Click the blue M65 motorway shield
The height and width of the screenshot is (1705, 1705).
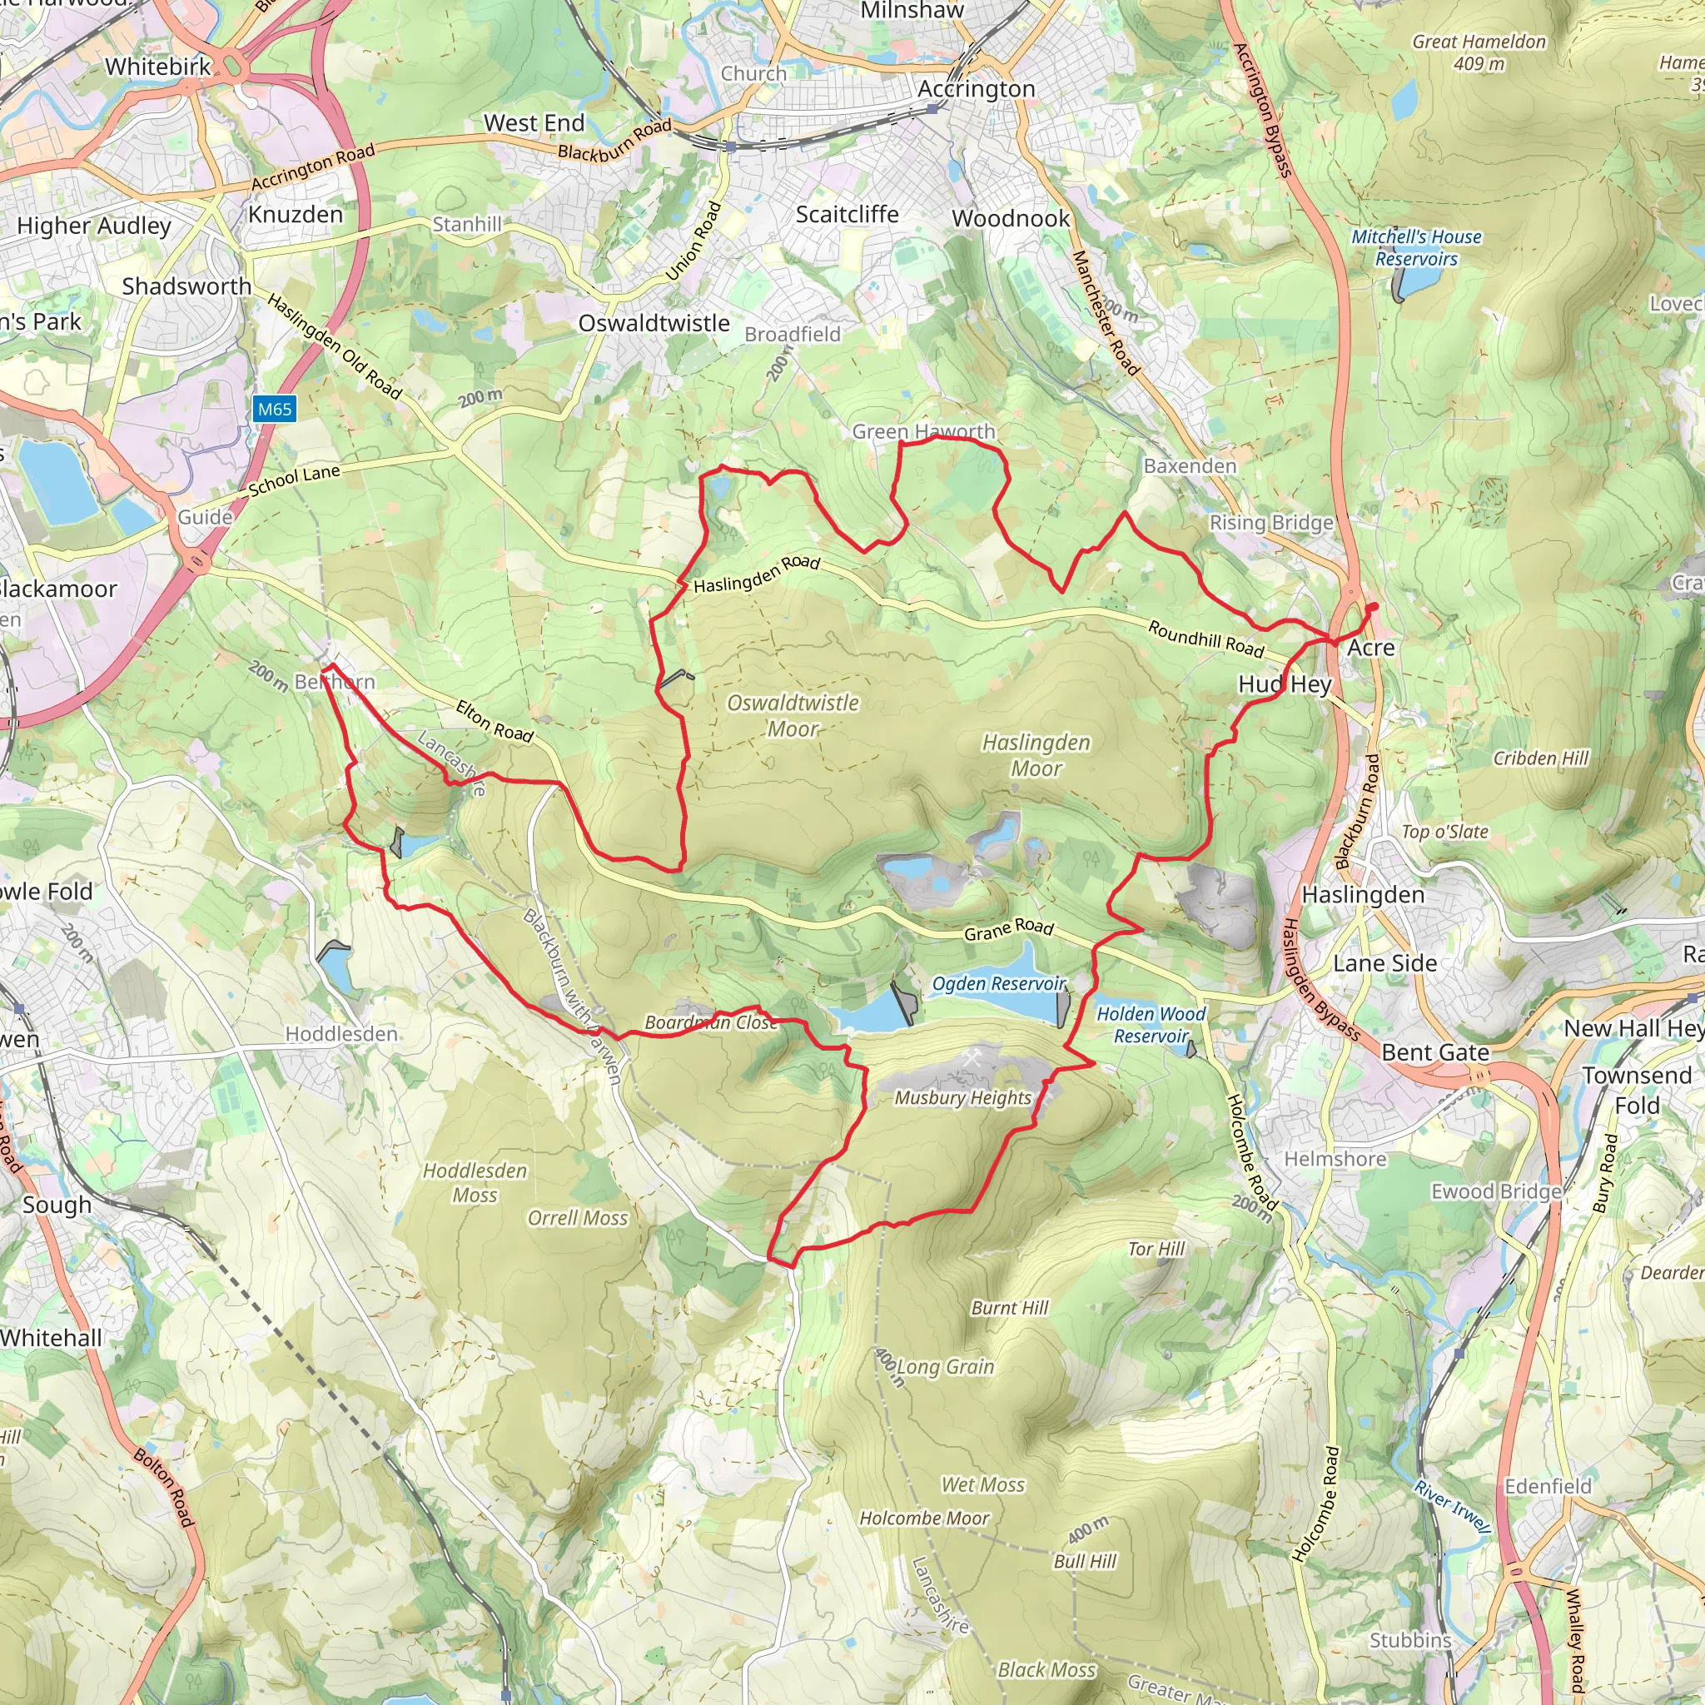point(275,409)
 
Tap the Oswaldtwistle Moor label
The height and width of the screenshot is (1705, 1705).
point(793,716)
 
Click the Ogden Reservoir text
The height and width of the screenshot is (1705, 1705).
point(999,983)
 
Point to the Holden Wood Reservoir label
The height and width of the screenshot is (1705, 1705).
point(1151,1025)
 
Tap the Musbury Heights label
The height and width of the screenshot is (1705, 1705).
point(963,1098)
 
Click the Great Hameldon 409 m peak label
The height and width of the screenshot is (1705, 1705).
point(1479,52)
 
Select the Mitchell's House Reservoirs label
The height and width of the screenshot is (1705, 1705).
point(1416,247)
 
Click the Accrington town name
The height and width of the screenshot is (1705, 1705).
point(976,89)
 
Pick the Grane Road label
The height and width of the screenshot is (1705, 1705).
point(1009,929)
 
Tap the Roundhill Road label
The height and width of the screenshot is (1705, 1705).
point(1205,638)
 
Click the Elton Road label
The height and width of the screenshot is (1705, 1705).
point(495,720)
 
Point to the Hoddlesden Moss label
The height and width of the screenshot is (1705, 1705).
point(475,1182)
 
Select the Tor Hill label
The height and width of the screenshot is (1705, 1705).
point(1156,1249)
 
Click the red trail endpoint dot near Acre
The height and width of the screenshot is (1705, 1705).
point(1372,607)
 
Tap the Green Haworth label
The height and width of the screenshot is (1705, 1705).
point(923,431)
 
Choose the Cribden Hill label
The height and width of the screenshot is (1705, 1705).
point(1540,758)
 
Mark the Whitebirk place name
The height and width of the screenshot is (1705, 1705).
point(158,67)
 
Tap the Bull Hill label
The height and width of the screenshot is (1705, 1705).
point(1085,1561)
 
